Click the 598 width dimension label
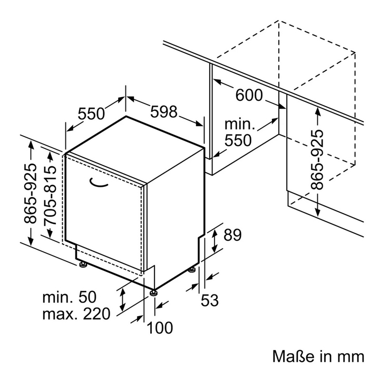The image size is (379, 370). pos(164,112)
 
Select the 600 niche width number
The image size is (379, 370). pos(249,95)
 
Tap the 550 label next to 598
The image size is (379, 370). pos(91,113)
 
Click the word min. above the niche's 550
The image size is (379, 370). pos(240,125)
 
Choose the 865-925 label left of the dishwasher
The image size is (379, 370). pos(30,194)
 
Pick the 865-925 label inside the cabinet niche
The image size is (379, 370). pos(317,160)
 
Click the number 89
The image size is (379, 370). pos(232,235)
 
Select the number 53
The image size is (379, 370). pos(210,300)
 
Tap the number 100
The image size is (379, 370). pos(160,328)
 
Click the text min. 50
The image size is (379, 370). pos(70,297)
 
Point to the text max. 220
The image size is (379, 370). pos(76,314)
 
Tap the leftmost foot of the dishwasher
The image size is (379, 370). pos(82,264)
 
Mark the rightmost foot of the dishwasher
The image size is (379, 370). pos(192,269)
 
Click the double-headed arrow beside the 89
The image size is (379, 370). pos(215,241)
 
